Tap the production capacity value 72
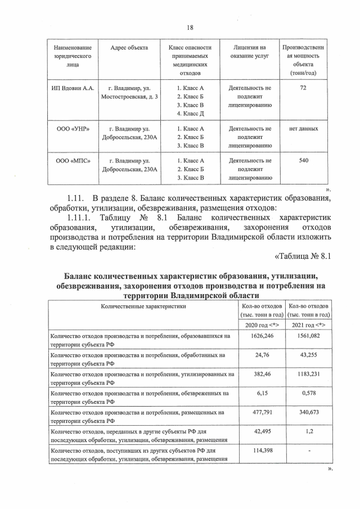(303, 88)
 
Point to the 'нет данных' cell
(303, 129)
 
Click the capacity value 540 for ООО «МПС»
(303, 160)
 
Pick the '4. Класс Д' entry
(190, 114)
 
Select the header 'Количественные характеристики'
(143, 307)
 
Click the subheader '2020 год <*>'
(262, 325)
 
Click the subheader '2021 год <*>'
(308, 325)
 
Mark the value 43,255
(308, 355)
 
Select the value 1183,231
(308, 375)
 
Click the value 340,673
(308, 413)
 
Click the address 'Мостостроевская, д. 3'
(129, 97)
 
